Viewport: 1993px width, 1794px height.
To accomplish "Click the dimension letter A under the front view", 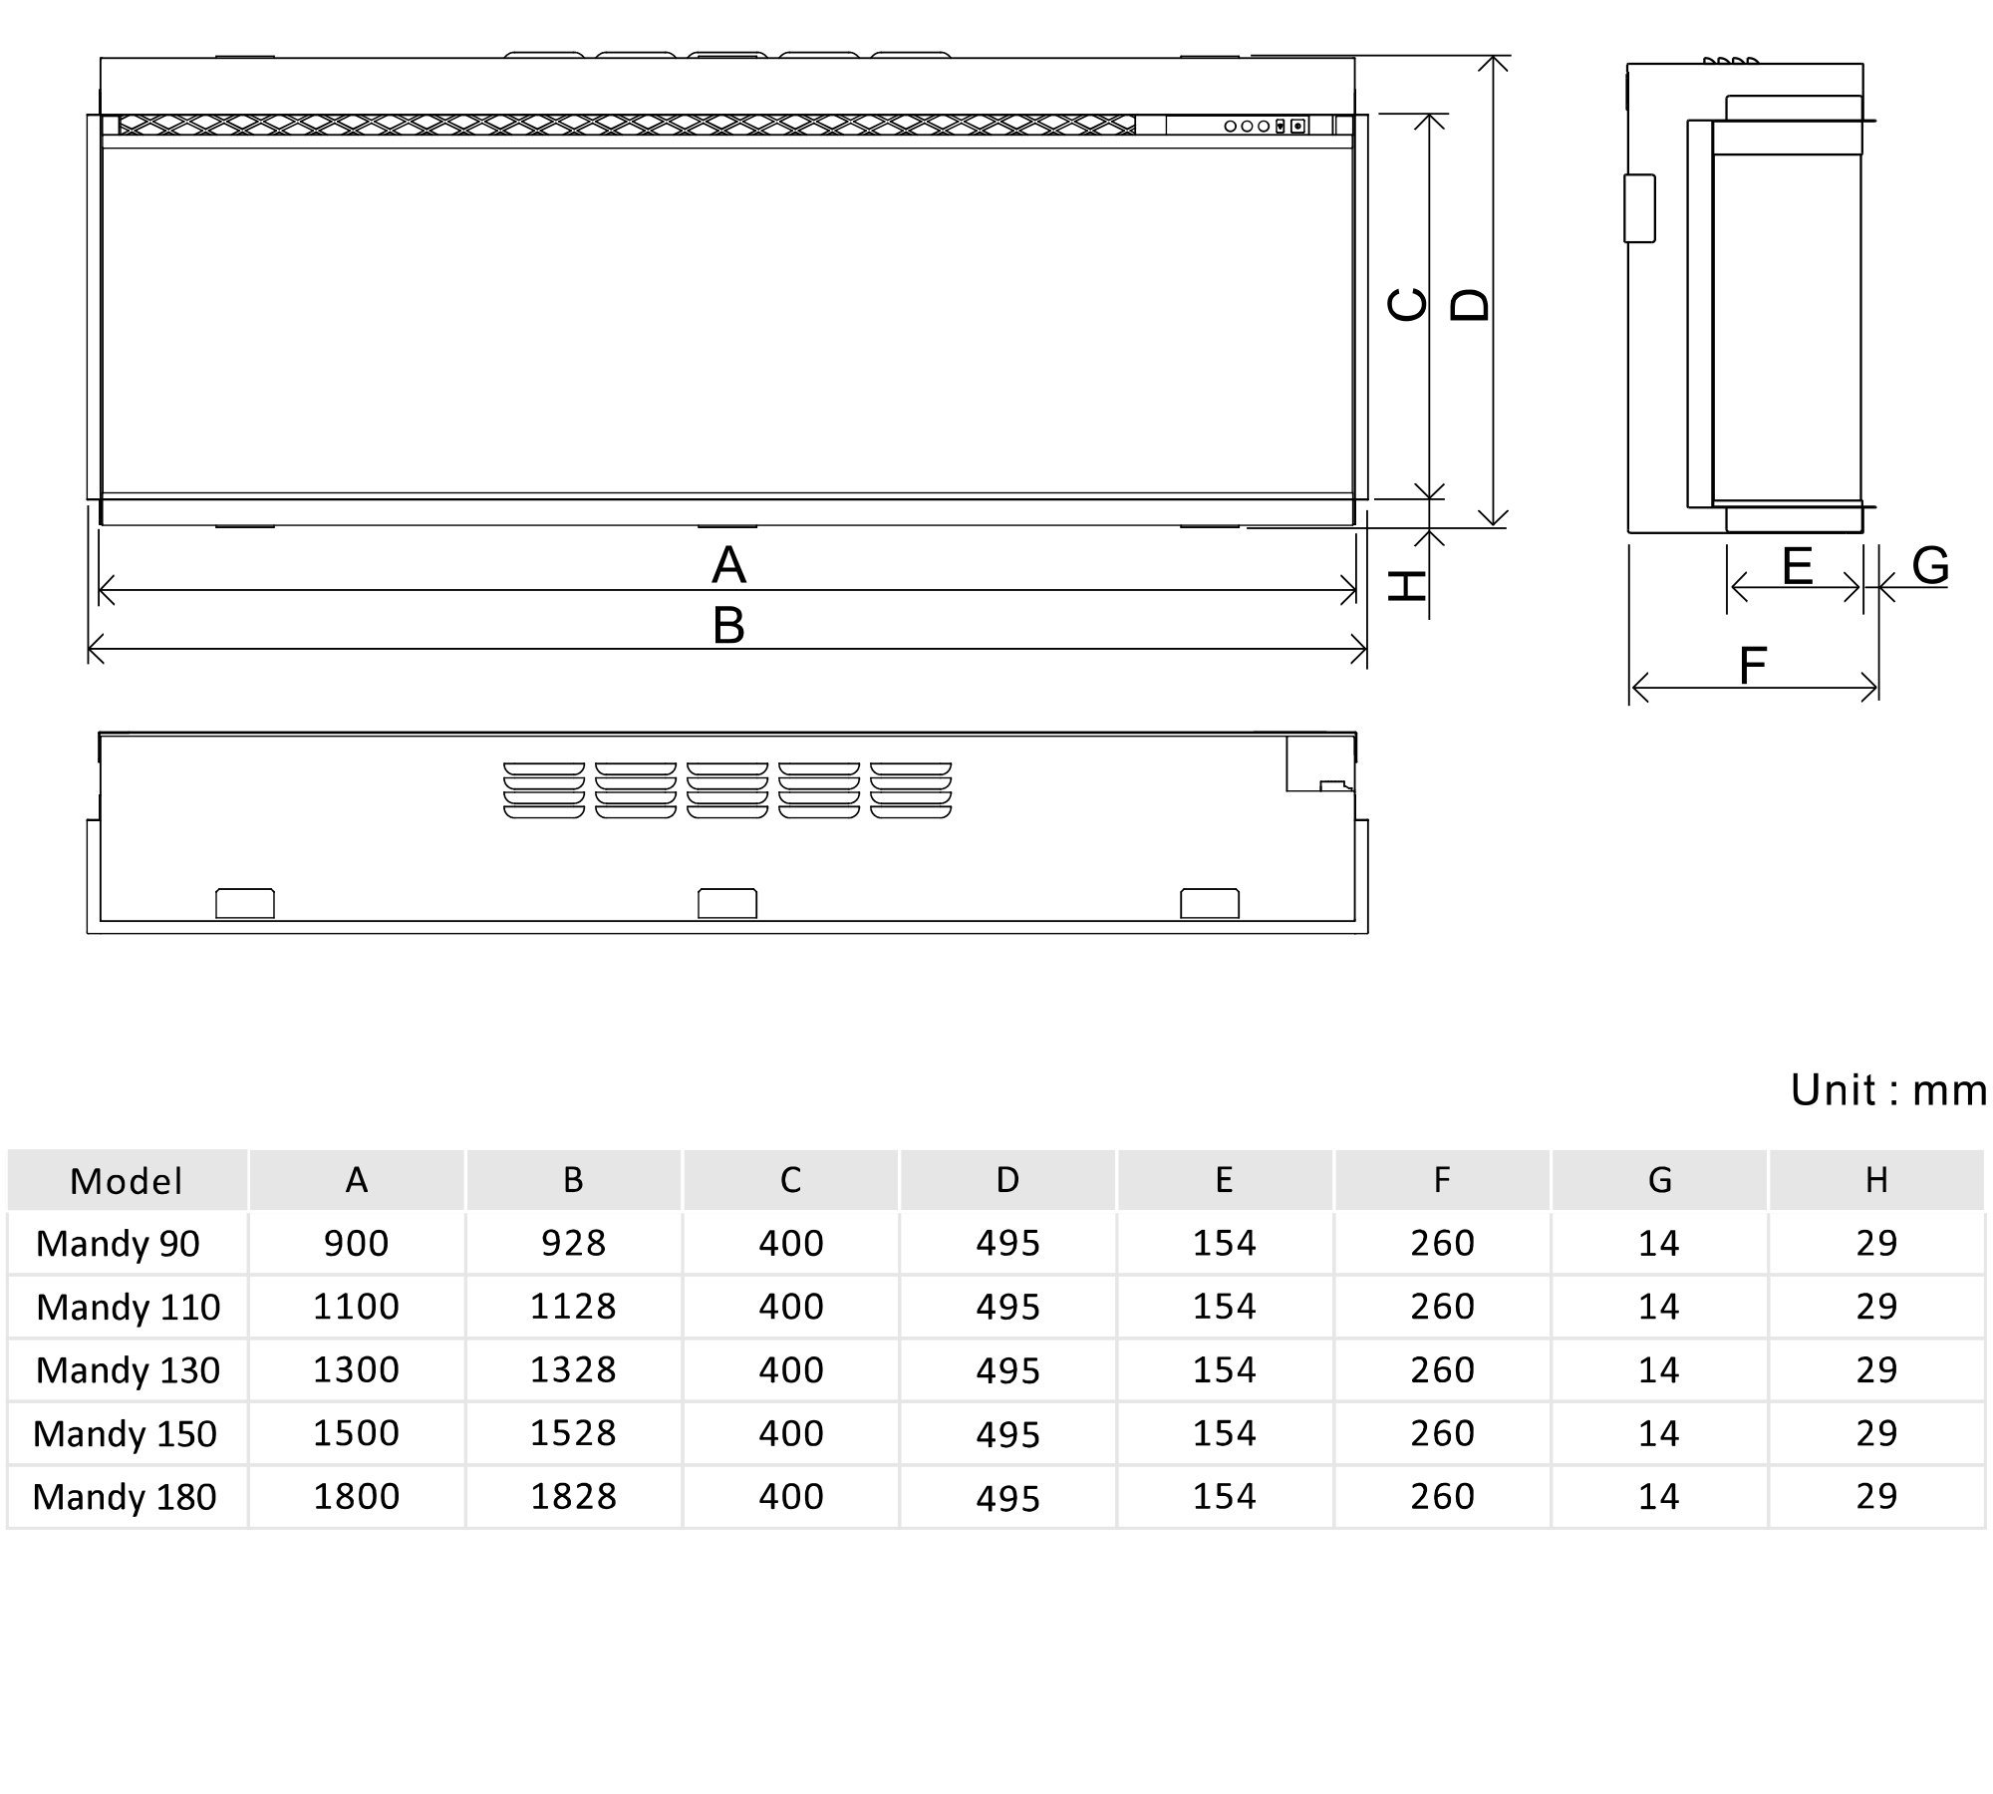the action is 728,565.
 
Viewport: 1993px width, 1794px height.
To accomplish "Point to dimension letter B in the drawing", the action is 728,626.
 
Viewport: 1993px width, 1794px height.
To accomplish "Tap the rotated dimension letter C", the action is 1407,304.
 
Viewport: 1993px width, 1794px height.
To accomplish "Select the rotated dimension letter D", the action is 1470,304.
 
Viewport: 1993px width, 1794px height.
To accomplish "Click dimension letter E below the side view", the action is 1797,566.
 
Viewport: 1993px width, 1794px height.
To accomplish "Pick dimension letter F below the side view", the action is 1753,666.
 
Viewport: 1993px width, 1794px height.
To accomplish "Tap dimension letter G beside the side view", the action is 1930,566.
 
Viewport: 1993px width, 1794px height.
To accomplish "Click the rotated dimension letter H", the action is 1407,586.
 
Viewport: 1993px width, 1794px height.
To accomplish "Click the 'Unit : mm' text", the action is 1888,1090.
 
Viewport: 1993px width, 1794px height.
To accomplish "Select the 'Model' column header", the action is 127,1181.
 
